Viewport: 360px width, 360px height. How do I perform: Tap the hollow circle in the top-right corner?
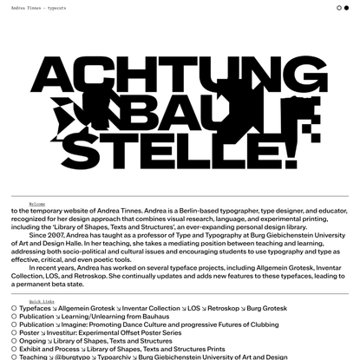338,8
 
